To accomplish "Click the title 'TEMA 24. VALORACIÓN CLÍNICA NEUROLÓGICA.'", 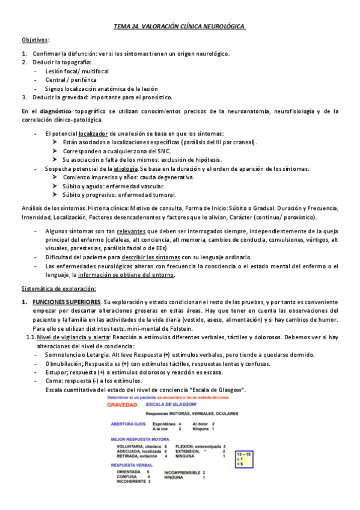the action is [x=180, y=26].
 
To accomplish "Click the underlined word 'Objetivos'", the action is [x=35, y=40].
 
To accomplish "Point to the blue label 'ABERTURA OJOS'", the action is [x=126, y=425].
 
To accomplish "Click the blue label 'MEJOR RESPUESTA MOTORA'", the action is [x=138, y=439].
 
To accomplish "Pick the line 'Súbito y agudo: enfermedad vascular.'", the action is [x=118, y=186].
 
